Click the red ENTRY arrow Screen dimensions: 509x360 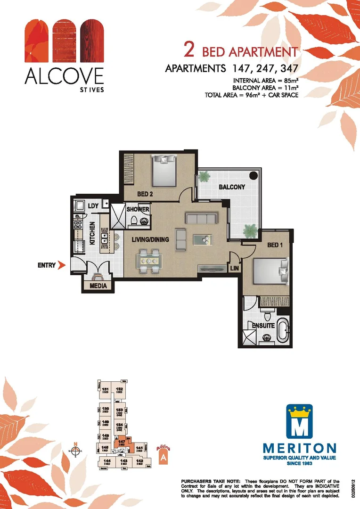point(60,265)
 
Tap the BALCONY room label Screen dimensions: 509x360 point(232,187)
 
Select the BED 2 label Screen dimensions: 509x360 point(145,194)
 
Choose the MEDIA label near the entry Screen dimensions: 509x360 point(98,286)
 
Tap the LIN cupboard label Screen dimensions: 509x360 point(235,268)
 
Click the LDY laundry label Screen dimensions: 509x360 point(93,205)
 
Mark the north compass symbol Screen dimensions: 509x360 point(75,450)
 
